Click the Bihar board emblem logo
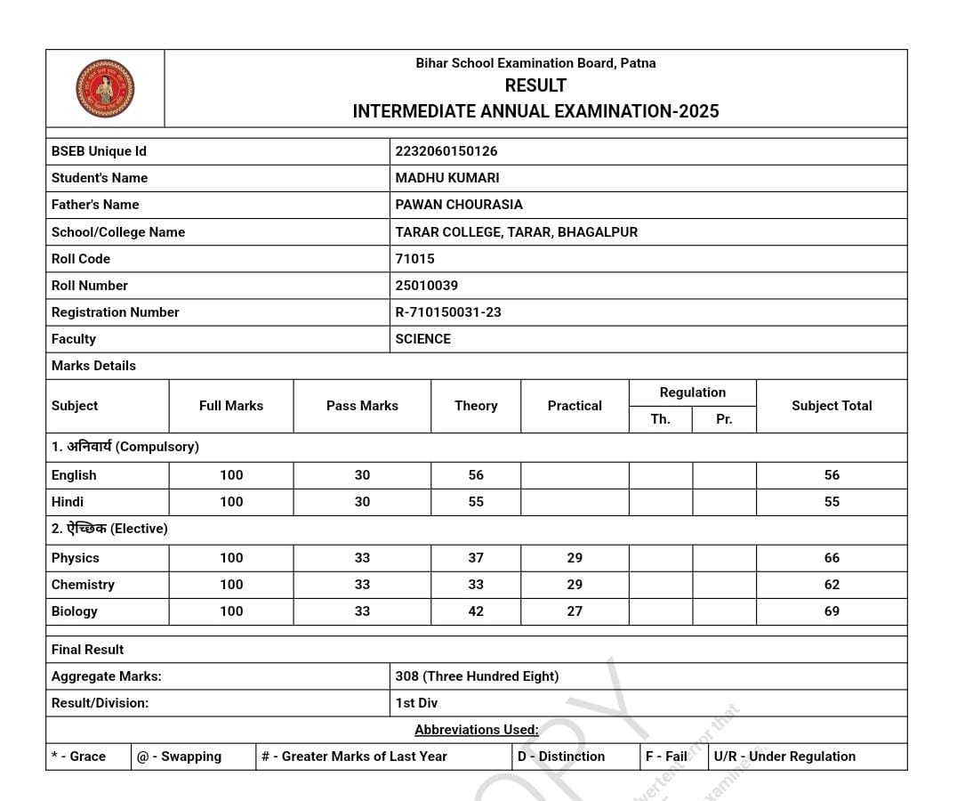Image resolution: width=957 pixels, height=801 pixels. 105,88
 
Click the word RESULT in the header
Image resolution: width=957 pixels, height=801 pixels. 535,85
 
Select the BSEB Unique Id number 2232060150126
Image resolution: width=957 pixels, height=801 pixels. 446,151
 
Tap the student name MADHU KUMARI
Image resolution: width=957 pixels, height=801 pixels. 447,178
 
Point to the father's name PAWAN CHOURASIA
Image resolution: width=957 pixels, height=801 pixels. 459,205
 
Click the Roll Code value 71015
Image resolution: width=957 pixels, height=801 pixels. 415,259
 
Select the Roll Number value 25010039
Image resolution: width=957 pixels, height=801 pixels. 427,286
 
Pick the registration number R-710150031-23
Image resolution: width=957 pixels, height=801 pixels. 448,312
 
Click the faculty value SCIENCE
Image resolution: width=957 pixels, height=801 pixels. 423,339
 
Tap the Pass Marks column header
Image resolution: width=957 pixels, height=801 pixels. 362,406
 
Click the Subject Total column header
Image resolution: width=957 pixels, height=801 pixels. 832,406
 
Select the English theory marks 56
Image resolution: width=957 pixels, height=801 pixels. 476,475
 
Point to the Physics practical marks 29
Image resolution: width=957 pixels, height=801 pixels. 575,558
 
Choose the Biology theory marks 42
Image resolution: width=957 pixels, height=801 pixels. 476,611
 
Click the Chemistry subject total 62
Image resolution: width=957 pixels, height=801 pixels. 832,585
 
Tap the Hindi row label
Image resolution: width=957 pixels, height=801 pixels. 68,502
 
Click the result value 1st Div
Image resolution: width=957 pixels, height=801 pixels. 416,703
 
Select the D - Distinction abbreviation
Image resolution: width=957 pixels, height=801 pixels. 561,756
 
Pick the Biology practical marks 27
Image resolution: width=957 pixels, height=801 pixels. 575,611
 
